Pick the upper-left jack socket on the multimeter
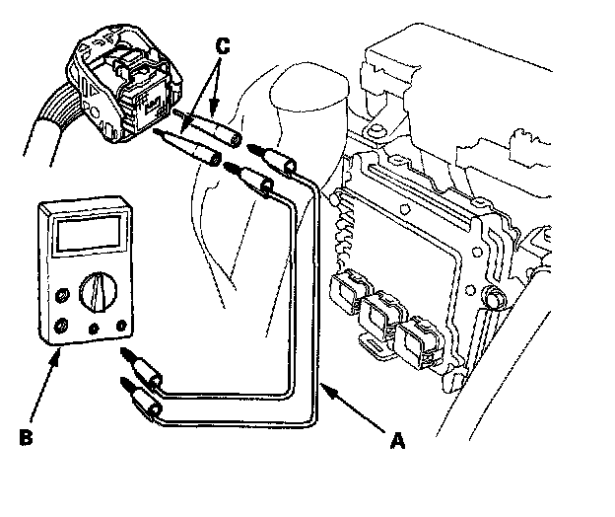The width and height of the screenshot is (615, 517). [x=63, y=294]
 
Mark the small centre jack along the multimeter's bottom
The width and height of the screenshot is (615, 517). [x=93, y=329]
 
